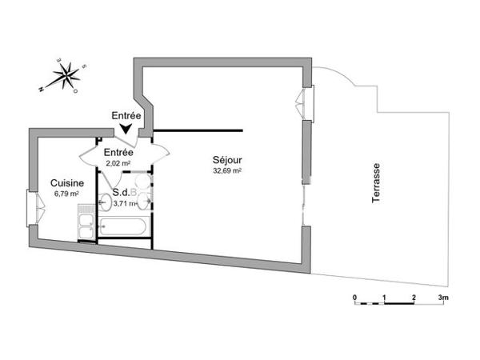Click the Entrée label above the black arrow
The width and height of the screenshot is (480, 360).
[x=126, y=116]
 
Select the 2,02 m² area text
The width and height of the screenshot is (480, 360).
[x=118, y=164]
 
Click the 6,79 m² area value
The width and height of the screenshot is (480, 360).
[x=66, y=194]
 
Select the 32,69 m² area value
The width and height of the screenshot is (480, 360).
[x=227, y=170]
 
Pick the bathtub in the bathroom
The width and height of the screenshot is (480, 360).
[x=123, y=227]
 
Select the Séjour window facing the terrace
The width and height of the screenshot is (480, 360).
[x=304, y=102]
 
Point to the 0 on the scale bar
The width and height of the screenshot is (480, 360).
[x=354, y=298]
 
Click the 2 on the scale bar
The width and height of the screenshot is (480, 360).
[x=414, y=298]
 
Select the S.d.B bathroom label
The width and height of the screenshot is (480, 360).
[x=124, y=193]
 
